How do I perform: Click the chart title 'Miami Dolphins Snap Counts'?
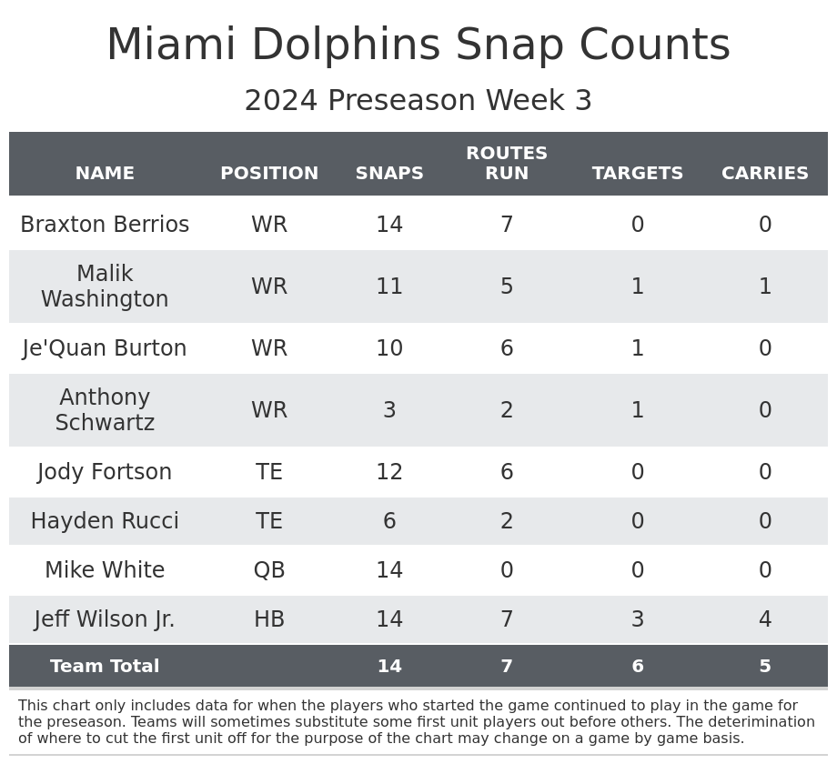coord(418,45)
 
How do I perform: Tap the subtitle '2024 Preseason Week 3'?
coord(418,101)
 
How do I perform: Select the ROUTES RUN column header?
coord(507,164)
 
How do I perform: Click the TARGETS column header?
coord(638,174)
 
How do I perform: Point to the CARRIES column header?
coord(765,174)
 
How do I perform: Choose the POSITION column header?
coord(269,174)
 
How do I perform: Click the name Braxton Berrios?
coord(105,225)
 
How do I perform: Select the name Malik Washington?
coord(105,286)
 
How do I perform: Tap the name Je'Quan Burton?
coord(105,348)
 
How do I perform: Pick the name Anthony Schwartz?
coord(105,410)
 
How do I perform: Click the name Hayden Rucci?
coord(105,521)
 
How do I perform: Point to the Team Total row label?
coord(105,667)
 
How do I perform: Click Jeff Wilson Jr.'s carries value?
coord(765,619)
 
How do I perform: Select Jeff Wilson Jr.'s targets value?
coord(638,619)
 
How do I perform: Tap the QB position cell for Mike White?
coord(269,570)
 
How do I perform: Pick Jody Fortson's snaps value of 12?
coord(389,472)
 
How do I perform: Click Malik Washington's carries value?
coord(765,286)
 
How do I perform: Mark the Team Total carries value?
coord(765,667)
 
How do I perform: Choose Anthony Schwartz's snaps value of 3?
coord(389,410)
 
